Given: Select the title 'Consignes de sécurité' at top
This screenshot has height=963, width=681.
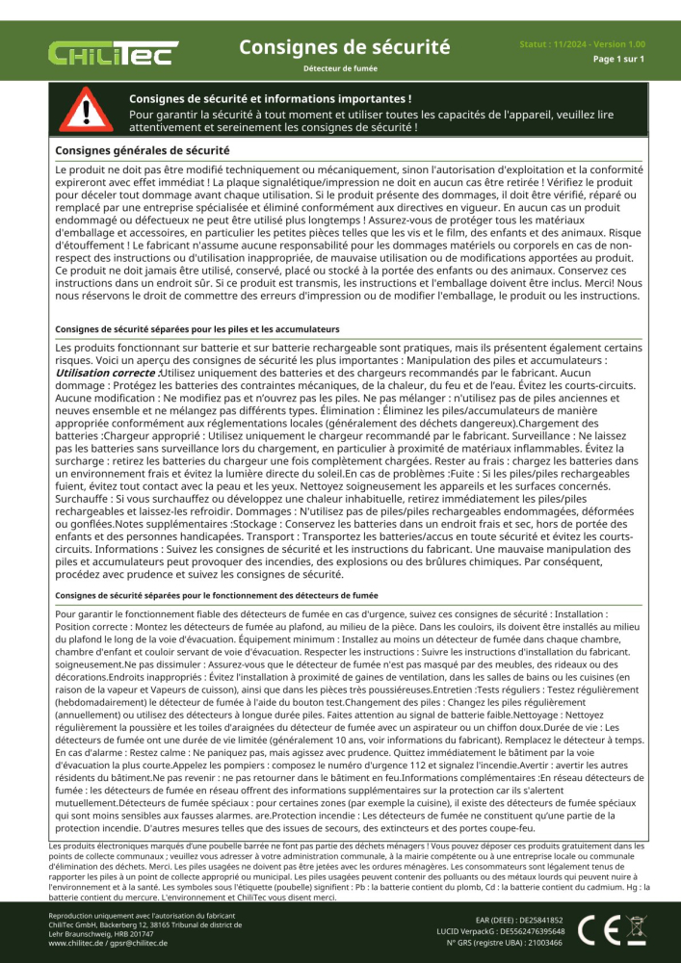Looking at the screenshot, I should pos(344,46).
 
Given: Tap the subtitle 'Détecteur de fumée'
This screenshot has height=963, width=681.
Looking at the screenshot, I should pos(340,69).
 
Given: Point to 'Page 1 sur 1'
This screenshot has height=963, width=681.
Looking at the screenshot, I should pos(617,59).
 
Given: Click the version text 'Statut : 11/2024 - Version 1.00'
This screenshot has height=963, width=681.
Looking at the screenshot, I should pos(582,44).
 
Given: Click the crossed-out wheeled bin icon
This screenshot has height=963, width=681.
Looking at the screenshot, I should pos(637,929).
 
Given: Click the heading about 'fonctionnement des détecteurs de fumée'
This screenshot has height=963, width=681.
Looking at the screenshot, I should pos(217,595).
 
